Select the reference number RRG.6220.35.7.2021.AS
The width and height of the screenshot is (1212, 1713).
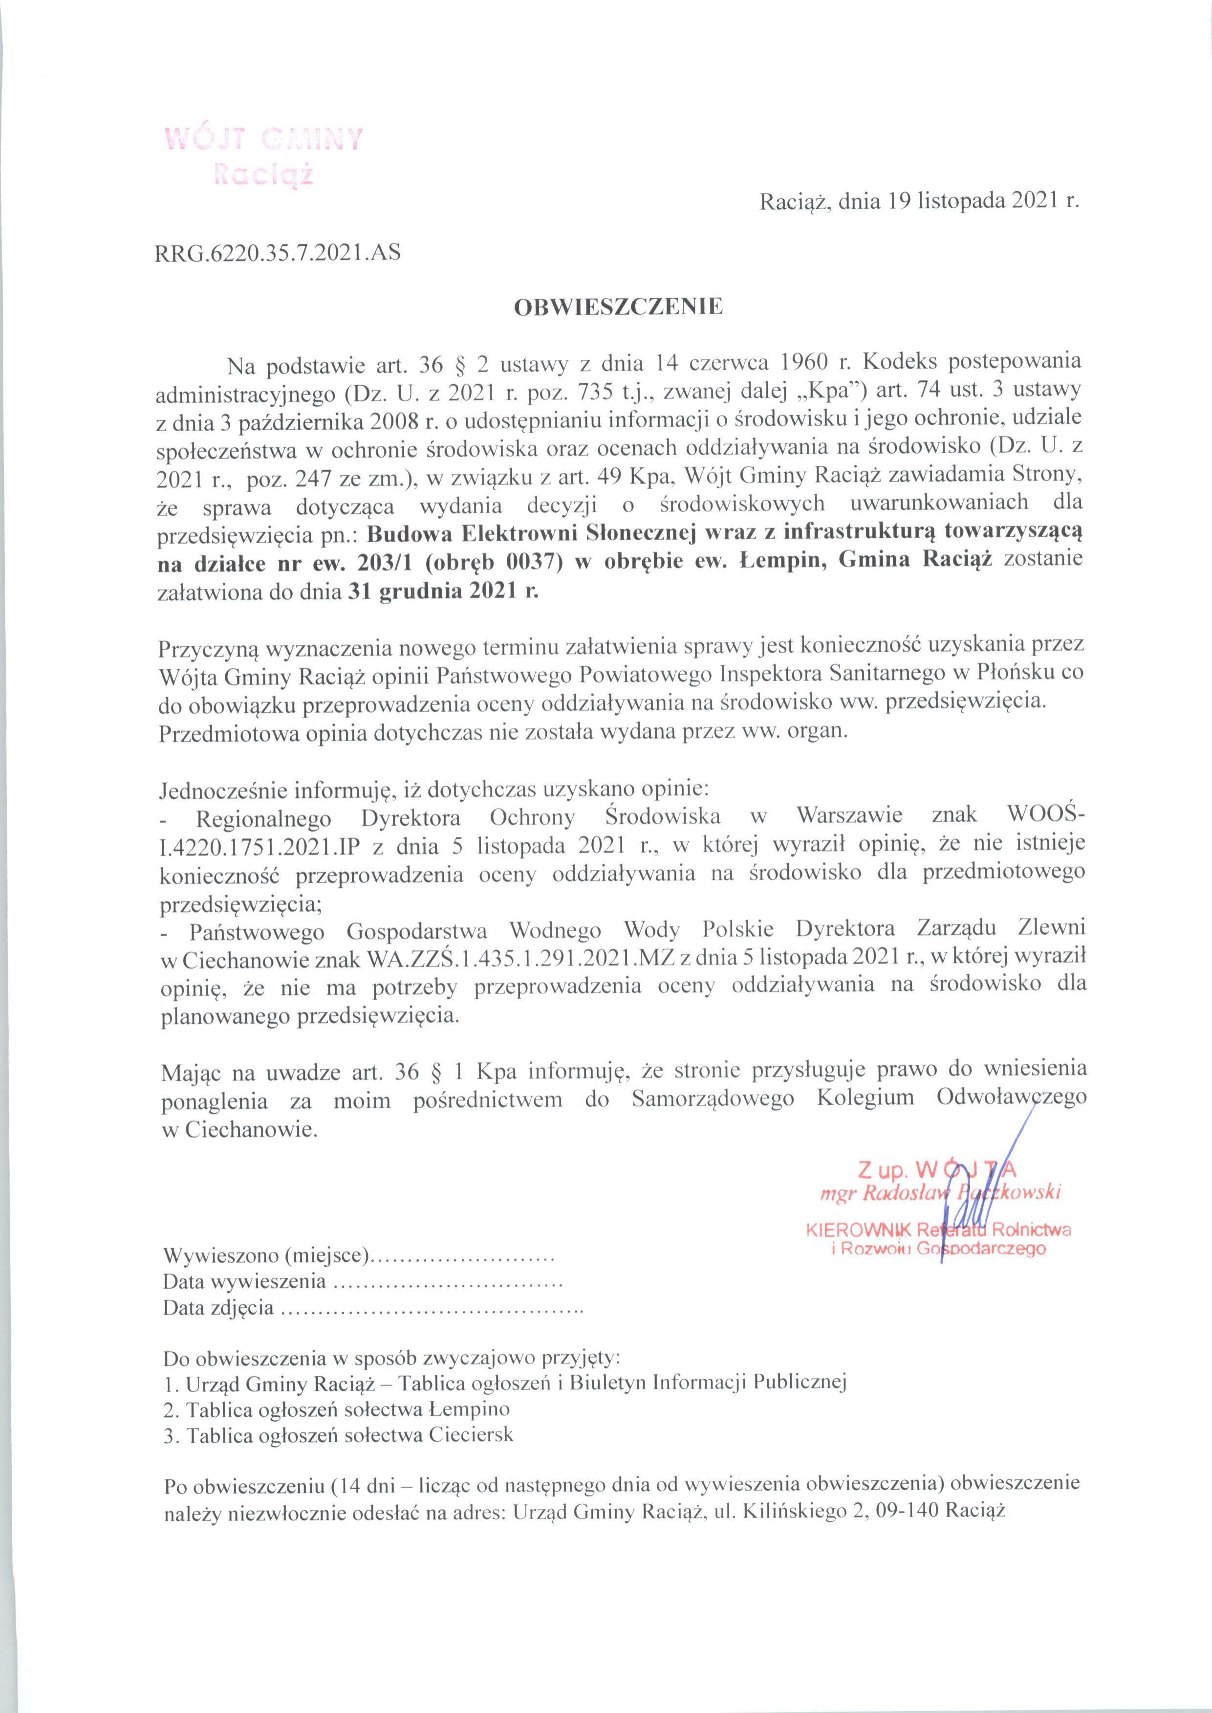[x=278, y=253]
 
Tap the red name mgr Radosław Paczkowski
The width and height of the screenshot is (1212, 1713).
[x=940, y=1193]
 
